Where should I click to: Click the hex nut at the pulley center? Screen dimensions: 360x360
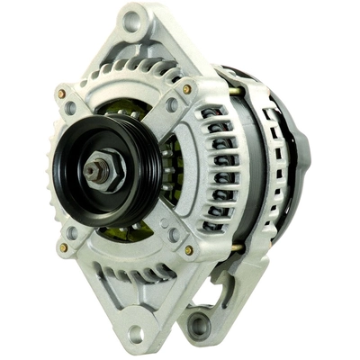click(97, 167)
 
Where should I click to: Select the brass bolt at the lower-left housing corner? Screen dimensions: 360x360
click(62, 246)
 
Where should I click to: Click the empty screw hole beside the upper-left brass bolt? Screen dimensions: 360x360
click(70, 108)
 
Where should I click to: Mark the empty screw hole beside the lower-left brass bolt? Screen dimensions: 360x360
click(72, 231)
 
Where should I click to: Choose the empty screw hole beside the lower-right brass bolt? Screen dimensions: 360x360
click(173, 235)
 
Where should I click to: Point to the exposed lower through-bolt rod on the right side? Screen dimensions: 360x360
click(236, 247)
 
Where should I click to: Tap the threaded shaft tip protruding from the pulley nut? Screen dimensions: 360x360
click(91, 167)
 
